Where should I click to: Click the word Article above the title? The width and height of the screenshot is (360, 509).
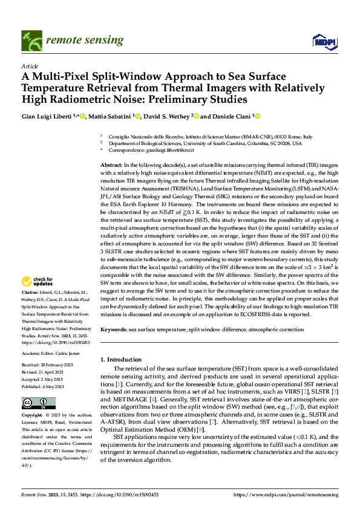30,66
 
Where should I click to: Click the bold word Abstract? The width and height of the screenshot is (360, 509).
112,165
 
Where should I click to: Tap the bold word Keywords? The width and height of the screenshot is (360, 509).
114,329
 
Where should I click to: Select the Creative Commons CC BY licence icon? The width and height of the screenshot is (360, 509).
38,403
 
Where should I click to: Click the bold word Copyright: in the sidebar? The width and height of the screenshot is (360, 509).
33,417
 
